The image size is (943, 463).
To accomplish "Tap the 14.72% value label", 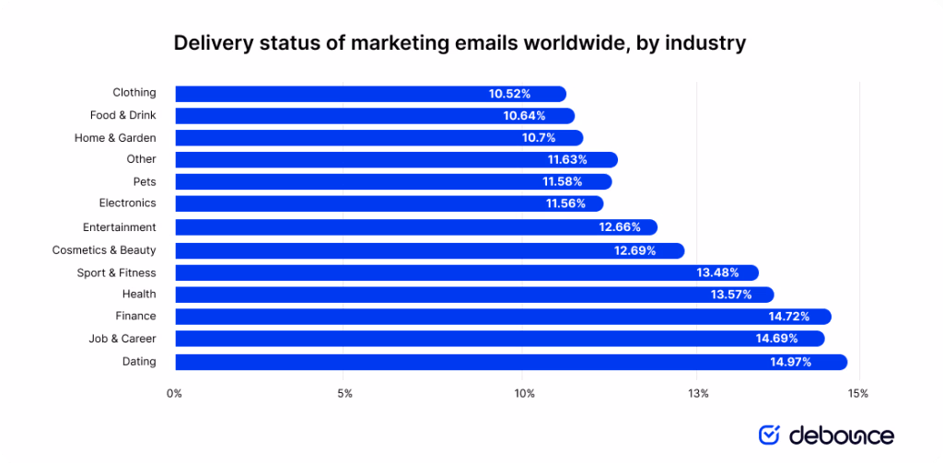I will [x=790, y=317].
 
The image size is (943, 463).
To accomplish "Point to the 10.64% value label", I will [x=524, y=116].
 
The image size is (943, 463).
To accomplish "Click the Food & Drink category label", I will [x=122, y=115].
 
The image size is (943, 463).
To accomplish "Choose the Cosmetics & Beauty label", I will [x=104, y=250].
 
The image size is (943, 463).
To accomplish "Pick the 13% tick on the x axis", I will [x=697, y=394].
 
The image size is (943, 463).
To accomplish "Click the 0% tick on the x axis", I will [x=174, y=394].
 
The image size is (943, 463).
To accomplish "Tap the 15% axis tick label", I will [x=858, y=394].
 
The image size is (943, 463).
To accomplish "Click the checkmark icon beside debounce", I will [x=769, y=434].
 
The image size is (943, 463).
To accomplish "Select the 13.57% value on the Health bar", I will [x=731, y=295].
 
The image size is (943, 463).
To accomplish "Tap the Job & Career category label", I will [x=122, y=339].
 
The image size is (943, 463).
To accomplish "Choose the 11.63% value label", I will [x=567, y=160].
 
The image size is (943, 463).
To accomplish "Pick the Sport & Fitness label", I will [x=116, y=272].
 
